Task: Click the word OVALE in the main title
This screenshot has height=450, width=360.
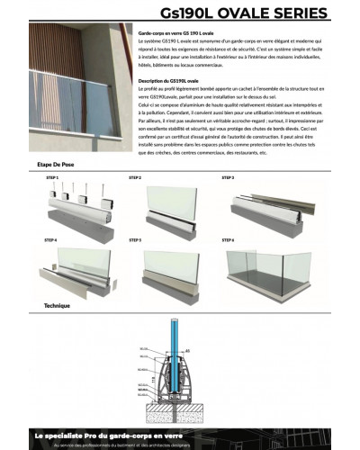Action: [242, 13]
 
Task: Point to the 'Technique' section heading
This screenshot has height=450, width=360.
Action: [57, 305]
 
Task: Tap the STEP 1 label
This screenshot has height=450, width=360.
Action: [50, 177]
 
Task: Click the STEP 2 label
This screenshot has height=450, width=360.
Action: [135, 177]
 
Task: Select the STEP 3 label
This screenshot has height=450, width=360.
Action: [228, 177]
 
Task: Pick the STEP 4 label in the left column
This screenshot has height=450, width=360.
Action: [50, 240]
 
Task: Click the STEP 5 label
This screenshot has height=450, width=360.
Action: [135, 240]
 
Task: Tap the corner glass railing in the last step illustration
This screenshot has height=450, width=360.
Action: [270, 265]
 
